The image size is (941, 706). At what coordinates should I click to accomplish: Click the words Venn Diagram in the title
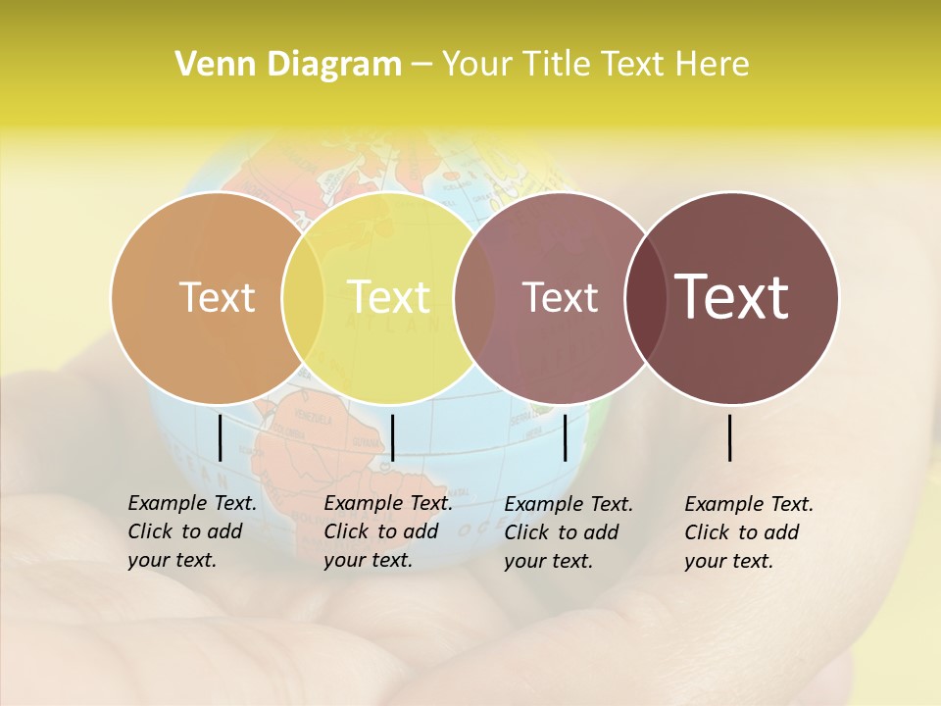288,65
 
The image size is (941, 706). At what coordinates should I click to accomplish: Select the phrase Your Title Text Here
595,65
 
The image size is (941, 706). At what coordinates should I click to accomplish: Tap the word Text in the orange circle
217,297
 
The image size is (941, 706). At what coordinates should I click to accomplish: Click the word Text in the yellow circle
389,297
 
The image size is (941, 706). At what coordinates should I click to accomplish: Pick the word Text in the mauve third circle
561,297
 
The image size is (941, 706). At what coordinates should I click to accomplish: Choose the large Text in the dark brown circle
732,297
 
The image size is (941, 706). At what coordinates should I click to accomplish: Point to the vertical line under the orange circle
220,437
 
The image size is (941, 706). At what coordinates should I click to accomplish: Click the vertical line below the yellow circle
392,437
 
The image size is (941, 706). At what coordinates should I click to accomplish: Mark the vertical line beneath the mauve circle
565,437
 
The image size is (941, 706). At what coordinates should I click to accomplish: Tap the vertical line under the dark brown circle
729,437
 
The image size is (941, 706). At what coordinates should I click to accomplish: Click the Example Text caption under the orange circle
191,531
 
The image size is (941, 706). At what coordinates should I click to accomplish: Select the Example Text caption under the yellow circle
387,531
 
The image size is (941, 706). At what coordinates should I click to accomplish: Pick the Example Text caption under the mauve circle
568,532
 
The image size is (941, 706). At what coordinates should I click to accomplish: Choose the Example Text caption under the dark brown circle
748,532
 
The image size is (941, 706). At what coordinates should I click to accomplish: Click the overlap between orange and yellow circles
303,297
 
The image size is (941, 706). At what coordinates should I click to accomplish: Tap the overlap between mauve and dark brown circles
646,297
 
